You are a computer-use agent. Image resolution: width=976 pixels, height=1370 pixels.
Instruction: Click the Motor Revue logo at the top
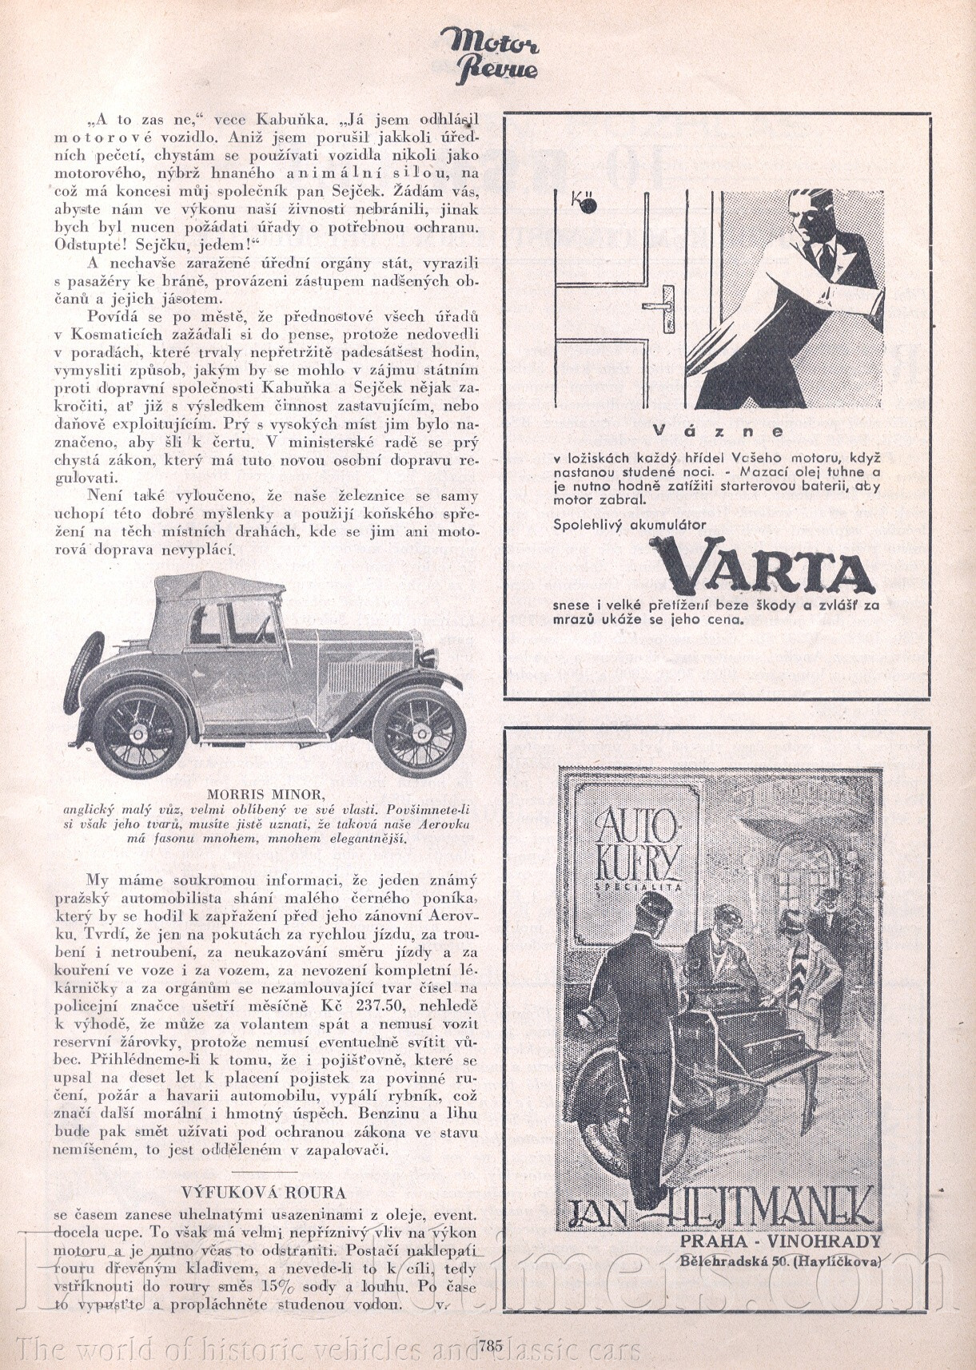click(488, 54)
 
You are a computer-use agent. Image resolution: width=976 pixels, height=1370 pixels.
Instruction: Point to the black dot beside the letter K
click(590, 206)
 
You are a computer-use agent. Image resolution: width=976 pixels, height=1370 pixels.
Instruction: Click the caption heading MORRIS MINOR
click(265, 794)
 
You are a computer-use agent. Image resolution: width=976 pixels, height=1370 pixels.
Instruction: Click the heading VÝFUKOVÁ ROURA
click(263, 1193)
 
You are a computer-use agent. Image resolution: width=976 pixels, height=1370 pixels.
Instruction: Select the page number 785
click(492, 1344)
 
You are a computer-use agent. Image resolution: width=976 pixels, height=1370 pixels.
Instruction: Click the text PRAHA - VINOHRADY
click(779, 1241)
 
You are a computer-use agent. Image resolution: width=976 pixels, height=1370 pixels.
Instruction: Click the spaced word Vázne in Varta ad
click(717, 431)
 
